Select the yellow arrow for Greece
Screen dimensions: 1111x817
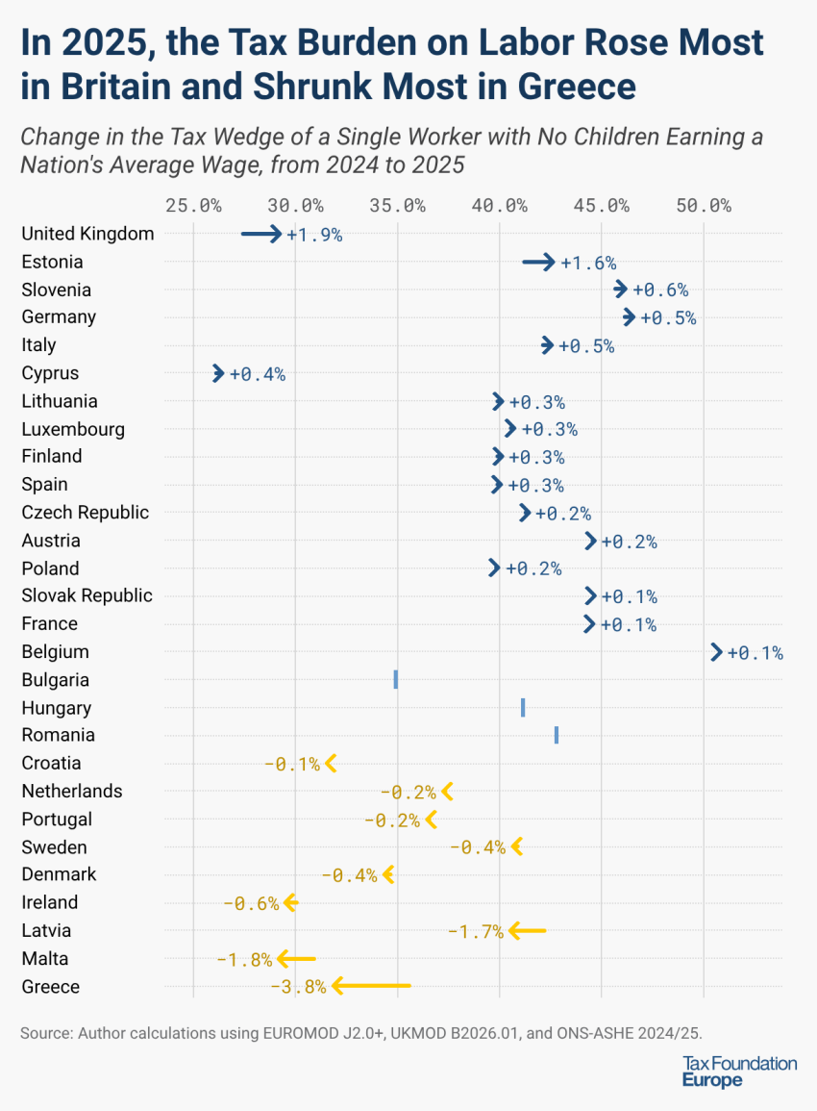370,986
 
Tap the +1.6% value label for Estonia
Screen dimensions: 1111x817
588,263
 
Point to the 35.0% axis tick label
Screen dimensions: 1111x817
397,205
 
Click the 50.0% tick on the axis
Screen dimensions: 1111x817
704,205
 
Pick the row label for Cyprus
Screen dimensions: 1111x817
50,373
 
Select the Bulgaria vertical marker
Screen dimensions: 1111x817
396,680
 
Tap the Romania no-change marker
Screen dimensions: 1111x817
557,736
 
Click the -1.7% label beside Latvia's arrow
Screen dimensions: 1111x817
476,931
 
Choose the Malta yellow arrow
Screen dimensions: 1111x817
296,958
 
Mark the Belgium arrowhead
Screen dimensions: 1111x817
716,652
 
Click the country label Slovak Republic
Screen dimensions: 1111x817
87,595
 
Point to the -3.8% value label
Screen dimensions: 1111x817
298,987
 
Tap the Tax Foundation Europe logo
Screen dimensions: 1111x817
739,1072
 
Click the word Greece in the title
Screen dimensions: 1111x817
577,87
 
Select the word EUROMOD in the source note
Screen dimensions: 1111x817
301,1033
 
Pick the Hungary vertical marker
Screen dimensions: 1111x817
523,708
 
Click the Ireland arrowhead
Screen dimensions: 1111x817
290,902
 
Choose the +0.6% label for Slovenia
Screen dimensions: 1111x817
660,290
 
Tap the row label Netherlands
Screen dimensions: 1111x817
72,791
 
